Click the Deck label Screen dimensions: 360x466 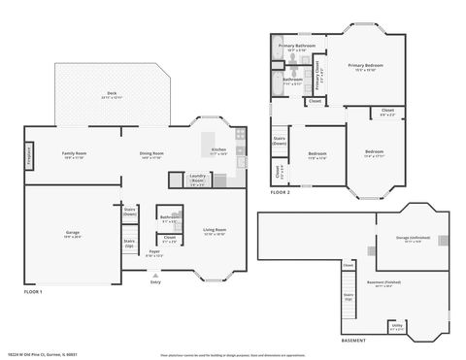point(113,95)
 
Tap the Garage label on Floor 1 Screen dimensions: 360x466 point(73,233)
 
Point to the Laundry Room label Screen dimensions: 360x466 point(197,180)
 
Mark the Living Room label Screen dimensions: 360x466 point(216,231)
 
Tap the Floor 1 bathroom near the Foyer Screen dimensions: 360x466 point(168,218)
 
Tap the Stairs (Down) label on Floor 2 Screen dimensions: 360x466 point(280,140)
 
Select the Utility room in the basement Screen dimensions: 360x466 point(397,327)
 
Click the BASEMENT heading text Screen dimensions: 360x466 point(353,342)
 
